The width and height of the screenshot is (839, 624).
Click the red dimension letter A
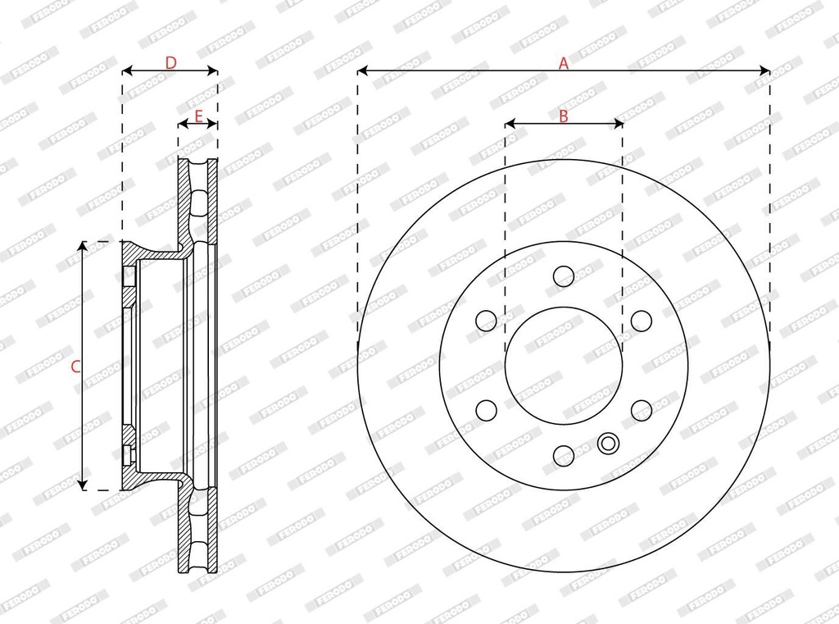pyautogui.click(x=564, y=63)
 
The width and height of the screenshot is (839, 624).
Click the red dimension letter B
pyautogui.click(x=564, y=116)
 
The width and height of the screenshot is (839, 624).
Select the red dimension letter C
pyautogui.click(x=76, y=367)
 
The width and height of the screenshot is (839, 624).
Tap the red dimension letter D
pyautogui.click(x=170, y=63)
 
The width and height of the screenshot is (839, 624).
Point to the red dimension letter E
pyautogui.click(x=198, y=116)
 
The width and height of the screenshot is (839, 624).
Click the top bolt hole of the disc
pyautogui.click(x=564, y=276)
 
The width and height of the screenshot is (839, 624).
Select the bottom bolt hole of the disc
pyautogui.click(x=564, y=455)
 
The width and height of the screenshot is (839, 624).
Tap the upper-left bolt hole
pyautogui.click(x=486, y=321)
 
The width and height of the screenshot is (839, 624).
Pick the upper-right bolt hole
pyautogui.click(x=641, y=321)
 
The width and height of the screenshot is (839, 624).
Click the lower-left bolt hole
pyautogui.click(x=486, y=410)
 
